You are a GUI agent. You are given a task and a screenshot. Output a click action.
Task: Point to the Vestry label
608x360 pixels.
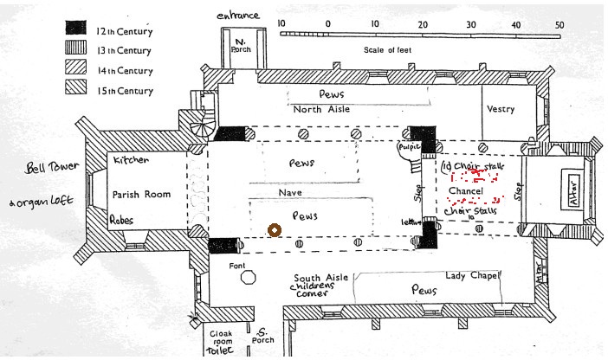point(501,110)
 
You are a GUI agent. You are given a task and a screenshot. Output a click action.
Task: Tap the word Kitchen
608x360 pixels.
point(129,161)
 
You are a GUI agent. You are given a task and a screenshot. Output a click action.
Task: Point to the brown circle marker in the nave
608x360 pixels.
point(275,230)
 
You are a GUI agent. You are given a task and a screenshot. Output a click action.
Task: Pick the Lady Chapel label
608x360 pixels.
point(473,276)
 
